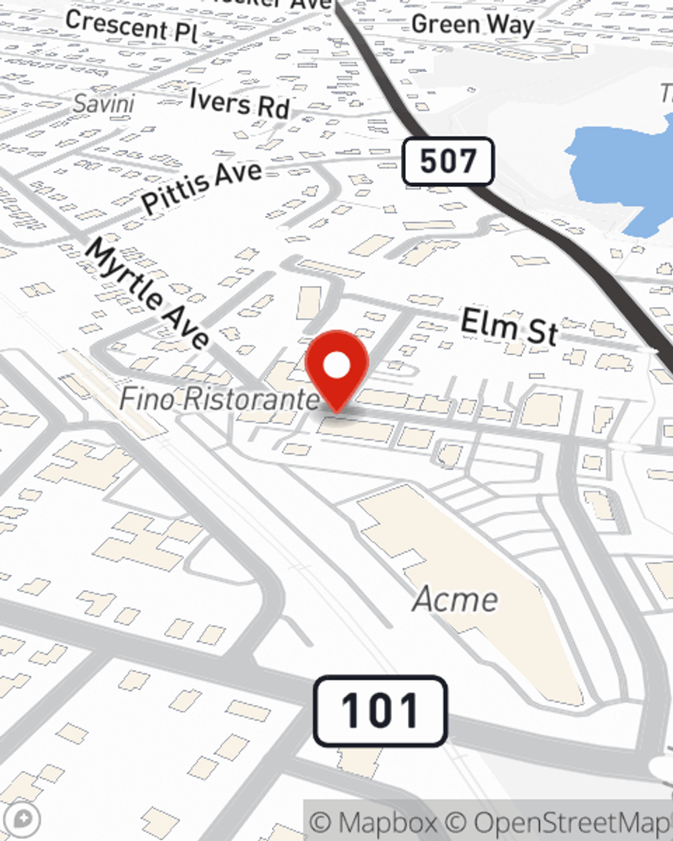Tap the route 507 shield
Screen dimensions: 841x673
pos(448,161)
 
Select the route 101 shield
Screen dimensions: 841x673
pos(380,711)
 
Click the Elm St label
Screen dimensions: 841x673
pos(509,326)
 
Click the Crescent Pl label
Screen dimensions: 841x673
pos(132,28)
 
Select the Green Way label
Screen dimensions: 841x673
pos(472,25)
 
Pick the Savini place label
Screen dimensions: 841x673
pos(104,104)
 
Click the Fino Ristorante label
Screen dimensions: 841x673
pos(219,399)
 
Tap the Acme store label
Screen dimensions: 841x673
pos(456,599)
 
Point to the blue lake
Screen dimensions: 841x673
pos(626,175)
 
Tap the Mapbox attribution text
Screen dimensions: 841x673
pos(374,823)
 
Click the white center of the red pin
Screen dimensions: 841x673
pos(336,365)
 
